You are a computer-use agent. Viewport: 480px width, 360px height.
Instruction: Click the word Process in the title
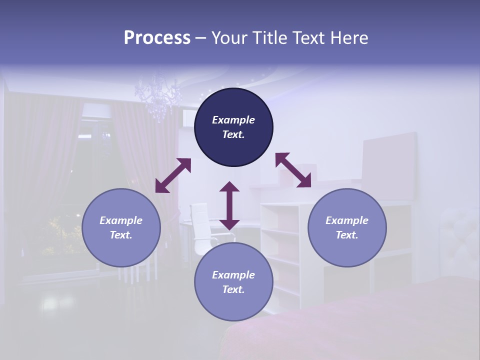[x=157, y=38]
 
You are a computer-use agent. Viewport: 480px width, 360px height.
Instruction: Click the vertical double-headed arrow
[x=229, y=205]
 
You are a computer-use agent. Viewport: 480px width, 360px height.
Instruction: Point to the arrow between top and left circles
[x=173, y=175]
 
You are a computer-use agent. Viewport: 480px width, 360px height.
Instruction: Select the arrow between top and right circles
[x=293, y=170]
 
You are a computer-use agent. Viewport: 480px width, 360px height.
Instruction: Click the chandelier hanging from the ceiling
[x=159, y=95]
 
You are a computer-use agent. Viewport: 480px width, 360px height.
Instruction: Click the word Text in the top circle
[x=233, y=134]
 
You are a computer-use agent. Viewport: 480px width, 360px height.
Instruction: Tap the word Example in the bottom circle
[x=233, y=275]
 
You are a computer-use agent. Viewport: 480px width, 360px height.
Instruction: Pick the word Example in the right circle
[x=347, y=220]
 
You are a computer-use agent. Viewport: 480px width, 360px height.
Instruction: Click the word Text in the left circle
[x=121, y=235]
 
